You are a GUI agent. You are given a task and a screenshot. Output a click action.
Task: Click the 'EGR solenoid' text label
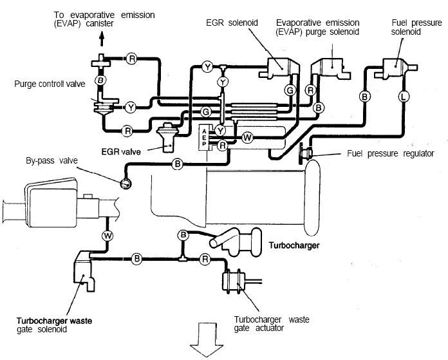point(232,23)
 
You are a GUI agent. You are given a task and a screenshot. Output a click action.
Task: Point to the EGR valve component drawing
point(168,137)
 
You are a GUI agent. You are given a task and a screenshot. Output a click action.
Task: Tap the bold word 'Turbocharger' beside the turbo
point(294,245)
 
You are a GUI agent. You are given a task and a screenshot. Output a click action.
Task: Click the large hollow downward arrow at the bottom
point(207,339)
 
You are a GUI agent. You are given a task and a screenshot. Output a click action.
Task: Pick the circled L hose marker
point(403,97)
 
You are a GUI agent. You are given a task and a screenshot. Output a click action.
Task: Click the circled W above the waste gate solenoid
point(107,236)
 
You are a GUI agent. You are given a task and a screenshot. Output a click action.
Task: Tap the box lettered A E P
point(204,138)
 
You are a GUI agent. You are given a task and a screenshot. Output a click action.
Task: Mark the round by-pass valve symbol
point(126,184)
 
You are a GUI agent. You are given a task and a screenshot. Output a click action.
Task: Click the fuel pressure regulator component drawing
point(306,153)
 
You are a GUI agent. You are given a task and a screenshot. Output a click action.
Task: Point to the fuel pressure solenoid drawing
point(396,69)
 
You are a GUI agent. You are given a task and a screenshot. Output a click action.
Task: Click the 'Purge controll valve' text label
point(50,84)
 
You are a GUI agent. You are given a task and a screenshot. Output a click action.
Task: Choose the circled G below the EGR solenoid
point(290,91)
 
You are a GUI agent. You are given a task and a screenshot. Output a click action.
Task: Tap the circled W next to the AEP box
point(247,138)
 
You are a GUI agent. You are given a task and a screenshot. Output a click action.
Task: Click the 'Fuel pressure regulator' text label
point(390,153)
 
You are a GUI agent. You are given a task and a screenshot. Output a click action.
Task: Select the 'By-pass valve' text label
point(51,160)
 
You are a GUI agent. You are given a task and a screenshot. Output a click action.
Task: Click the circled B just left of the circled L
point(364,97)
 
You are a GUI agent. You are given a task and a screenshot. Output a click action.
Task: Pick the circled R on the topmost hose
point(132,59)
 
